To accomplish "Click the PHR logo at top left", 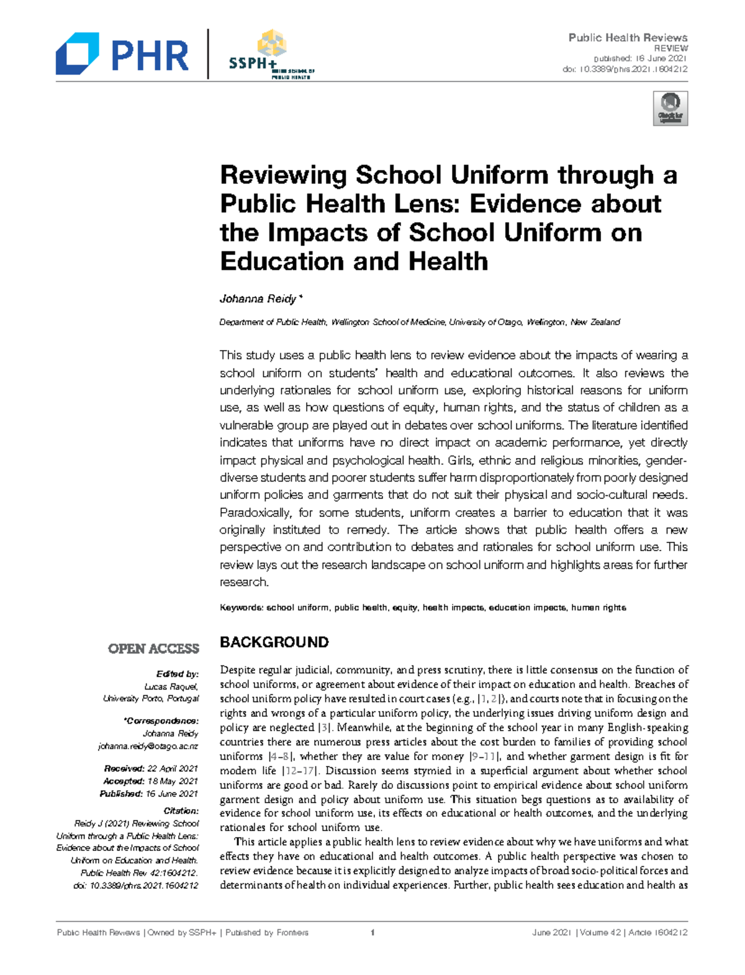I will [122, 55].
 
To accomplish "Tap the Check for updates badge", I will [670, 109].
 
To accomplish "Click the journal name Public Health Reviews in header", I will [628, 38].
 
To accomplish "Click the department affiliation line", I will [420, 322].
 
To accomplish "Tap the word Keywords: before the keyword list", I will [242, 608].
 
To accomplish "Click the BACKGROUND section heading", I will [274, 642].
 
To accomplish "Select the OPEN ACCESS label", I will [153, 649].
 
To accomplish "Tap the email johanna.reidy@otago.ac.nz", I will [148, 746].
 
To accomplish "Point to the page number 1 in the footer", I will [372, 932].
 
